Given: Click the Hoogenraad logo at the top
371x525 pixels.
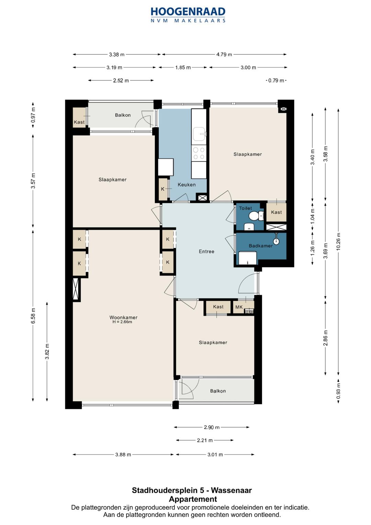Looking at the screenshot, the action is pos(188,15).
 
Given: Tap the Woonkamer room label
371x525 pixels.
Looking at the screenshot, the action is pos(123,317).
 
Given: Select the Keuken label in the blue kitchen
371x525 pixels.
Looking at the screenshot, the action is pos(187,185).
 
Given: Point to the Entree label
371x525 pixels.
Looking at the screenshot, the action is pos(206,251).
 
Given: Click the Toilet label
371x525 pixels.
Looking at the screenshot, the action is pos(245,208).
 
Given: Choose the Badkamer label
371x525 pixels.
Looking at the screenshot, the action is pos(260,246).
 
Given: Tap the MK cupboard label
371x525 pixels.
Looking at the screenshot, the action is pos(239,307).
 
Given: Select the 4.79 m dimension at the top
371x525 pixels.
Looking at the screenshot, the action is pos(224,55).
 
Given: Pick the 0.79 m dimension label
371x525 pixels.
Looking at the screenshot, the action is pos(276,81).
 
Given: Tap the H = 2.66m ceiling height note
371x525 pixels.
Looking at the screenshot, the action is pos(122,322).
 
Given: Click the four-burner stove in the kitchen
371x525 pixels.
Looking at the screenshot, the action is pos(199,153).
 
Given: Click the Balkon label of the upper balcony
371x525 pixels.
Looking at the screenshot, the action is pos(123,115).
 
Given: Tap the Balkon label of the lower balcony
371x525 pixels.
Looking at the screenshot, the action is pos(218,391).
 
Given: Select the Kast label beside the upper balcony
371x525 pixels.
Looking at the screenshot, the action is pos(79,122).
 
